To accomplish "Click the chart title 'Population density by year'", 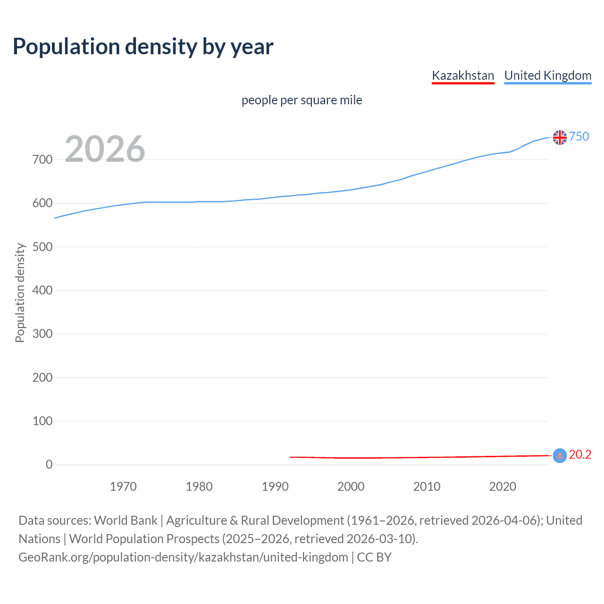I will pos(143,47).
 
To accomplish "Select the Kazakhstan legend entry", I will pos(463,75).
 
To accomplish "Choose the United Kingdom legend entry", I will pos(547,75).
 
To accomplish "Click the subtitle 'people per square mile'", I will pos(302,100).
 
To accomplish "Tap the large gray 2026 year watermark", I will pos(105,149).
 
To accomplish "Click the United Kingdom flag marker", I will pos(560,137).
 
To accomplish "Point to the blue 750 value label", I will pos(579,136).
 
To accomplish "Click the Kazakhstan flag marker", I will pos(560,455).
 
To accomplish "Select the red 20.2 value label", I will pos(580,454).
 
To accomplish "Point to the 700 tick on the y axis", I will pos(42,159).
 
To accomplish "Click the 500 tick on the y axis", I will pos(42,247).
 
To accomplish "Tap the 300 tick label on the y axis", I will pos(42,334).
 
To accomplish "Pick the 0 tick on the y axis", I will pos(49,464).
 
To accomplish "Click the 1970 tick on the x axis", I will pos(123,487).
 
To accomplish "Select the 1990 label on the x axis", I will pos(275,487).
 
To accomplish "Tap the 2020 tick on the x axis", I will pos(503,487).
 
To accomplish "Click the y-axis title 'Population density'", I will pos(20,293).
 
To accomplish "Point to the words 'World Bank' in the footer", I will pos(126,520).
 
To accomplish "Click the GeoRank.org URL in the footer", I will pos(183,557).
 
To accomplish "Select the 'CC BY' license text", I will pos(374,557).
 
